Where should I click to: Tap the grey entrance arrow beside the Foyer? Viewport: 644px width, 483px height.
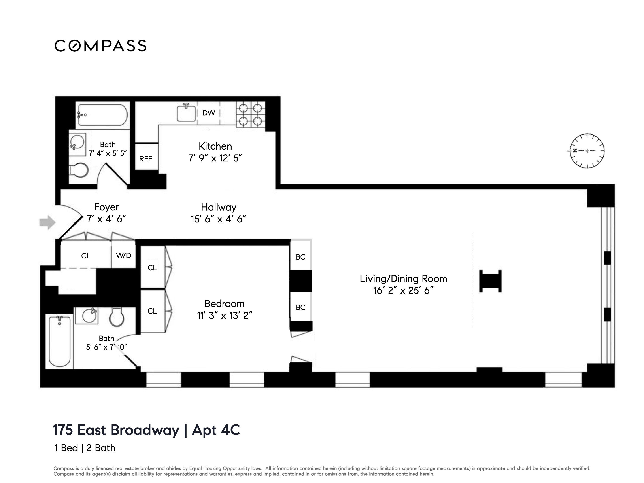click(x=47, y=222)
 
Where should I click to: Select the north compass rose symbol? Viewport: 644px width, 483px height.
click(x=587, y=151)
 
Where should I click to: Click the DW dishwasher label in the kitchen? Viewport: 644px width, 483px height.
click(x=209, y=113)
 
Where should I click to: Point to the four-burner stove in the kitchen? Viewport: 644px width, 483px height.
click(x=250, y=114)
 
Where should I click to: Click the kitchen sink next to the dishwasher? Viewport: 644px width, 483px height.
click(x=186, y=113)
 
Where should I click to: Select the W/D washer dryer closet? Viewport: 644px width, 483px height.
click(x=123, y=255)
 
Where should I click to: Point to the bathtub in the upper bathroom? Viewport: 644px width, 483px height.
click(x=102, y=115)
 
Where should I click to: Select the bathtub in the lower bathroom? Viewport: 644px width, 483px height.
click(x=60, y=341)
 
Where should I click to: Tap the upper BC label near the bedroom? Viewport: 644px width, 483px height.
click(x=300, y=257)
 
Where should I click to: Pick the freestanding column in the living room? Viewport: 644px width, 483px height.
click(x=490, y=281)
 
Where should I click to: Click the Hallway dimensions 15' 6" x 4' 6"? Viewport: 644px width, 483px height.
click(x=218, y=219)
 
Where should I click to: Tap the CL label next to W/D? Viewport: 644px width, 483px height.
click(x=86, y=256)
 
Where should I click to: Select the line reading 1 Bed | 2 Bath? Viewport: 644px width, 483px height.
click(x=85, y=448)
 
